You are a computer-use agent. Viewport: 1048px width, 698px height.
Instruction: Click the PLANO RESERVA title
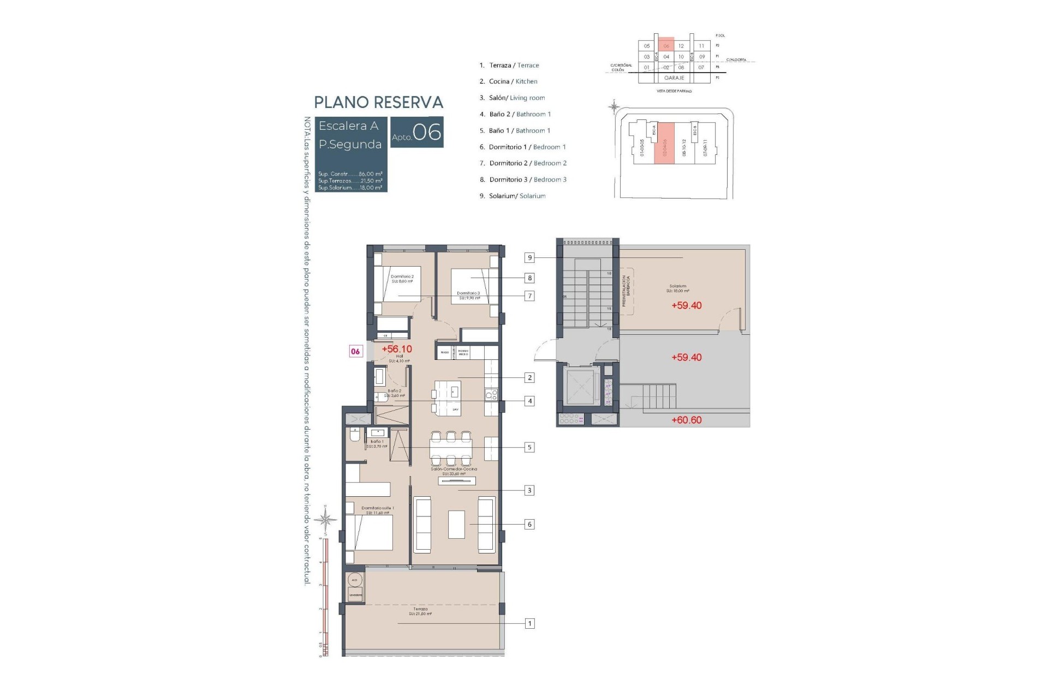pyautogui.click(x=378, y=103)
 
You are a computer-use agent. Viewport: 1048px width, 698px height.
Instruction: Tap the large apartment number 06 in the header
pyautogui.click(x=427, y=132)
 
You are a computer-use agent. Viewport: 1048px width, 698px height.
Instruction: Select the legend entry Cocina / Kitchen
pyautogui.click(x=508, y=82)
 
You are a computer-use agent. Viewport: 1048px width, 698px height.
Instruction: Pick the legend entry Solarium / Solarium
pyautogui.click(x=512, y=196)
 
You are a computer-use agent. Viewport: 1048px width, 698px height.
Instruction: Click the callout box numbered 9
pyautogui.click(x=529, y=258)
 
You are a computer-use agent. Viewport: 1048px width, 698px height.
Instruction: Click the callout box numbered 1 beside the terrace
pyautogui.click(x=529, y=623)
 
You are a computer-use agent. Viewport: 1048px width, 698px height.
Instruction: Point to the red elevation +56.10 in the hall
pyautogui.click(x=397, y=349)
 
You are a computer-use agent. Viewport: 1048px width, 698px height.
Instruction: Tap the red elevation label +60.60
pyautogui.click(x=686, y=420)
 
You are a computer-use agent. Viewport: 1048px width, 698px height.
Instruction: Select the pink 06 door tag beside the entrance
pyautogui.click(x=355, y=351)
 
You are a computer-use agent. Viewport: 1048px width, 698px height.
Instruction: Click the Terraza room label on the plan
pyautogui.click(x=420, y=611)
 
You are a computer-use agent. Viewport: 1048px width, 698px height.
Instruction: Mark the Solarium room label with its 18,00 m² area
pyautogui.click(x=678, y=288)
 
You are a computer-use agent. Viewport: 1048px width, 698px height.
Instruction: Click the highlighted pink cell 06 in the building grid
pyautogui.click(x=666, y=46)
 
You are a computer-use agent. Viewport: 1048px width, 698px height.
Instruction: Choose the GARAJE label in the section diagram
pyautogui.click(x=674, y=78)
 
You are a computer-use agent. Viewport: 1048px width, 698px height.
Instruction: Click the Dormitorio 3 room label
pyautogui.click(x=468, y=296)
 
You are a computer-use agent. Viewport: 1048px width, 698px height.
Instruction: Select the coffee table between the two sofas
pyautogui.click(x=456, y=524)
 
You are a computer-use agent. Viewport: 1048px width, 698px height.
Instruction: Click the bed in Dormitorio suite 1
pyautogui.click(x=369, y=532)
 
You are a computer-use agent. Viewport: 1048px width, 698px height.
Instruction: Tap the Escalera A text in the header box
pyautogui.click(x=348, y=126)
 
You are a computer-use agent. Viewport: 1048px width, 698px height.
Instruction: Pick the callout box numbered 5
pyautogui.click(x=529, y=447)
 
